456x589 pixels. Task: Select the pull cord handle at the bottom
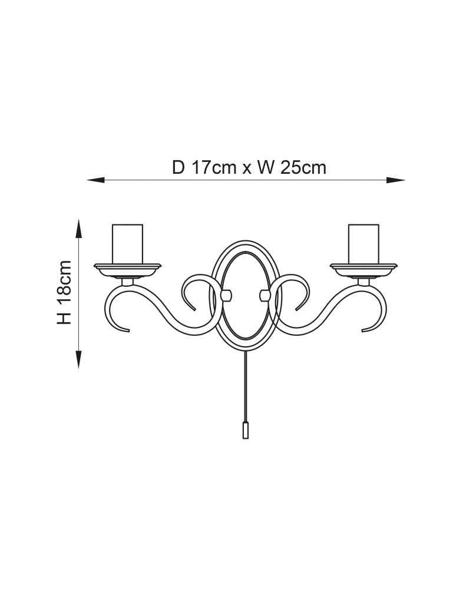click(245, 431)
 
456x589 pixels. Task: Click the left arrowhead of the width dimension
click(95, 180)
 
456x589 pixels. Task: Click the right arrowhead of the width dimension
click(396, 180)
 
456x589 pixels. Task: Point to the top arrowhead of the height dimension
click(78, 229)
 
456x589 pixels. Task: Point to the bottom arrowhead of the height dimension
click(78, 359)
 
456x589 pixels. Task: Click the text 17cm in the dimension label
click(213, 167)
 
